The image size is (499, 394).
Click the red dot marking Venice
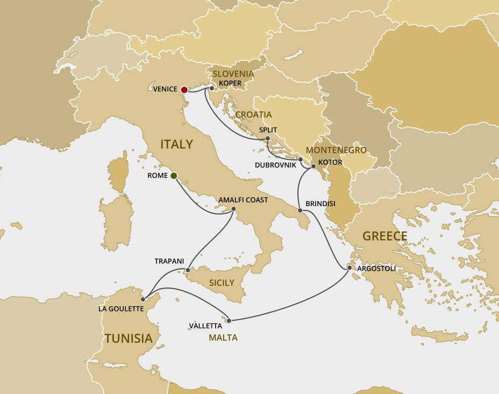184,89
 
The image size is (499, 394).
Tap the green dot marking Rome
174,175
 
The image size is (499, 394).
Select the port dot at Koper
212,88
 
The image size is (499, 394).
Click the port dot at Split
267,139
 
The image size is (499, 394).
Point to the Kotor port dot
313,166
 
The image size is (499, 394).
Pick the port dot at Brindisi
300,209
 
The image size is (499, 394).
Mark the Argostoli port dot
350,268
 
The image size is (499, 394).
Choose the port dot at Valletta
229,321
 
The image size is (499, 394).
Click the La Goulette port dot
143,299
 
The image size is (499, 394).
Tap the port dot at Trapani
188,270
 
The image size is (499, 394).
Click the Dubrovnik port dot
301,159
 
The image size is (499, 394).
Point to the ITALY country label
176,144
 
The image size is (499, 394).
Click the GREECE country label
384,236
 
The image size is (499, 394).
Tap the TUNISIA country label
129,339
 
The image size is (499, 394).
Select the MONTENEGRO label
336,150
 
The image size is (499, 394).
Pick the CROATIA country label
253,115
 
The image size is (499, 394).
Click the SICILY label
221,283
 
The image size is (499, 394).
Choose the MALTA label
223,337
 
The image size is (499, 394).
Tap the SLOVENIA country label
233,74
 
